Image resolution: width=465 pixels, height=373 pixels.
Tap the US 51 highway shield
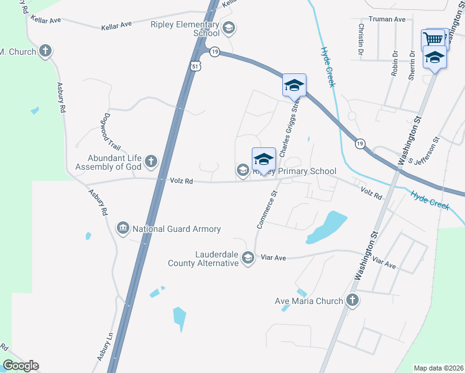coord(196,66)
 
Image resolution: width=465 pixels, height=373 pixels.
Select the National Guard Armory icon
coord(122,229)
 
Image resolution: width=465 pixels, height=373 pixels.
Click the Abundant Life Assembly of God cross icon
coord(151,162)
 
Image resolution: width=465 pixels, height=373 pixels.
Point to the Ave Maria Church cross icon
coord(352,301)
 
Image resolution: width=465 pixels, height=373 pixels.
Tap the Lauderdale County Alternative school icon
coord(248,258)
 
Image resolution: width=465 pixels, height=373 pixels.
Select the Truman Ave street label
coord(387,19)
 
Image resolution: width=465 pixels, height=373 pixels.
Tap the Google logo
coord(21,366)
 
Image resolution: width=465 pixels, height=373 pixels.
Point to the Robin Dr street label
coord(395,63)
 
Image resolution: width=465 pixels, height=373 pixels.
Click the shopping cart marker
coord(434,39)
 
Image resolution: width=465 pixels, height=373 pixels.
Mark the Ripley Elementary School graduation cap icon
coord(228,27)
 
